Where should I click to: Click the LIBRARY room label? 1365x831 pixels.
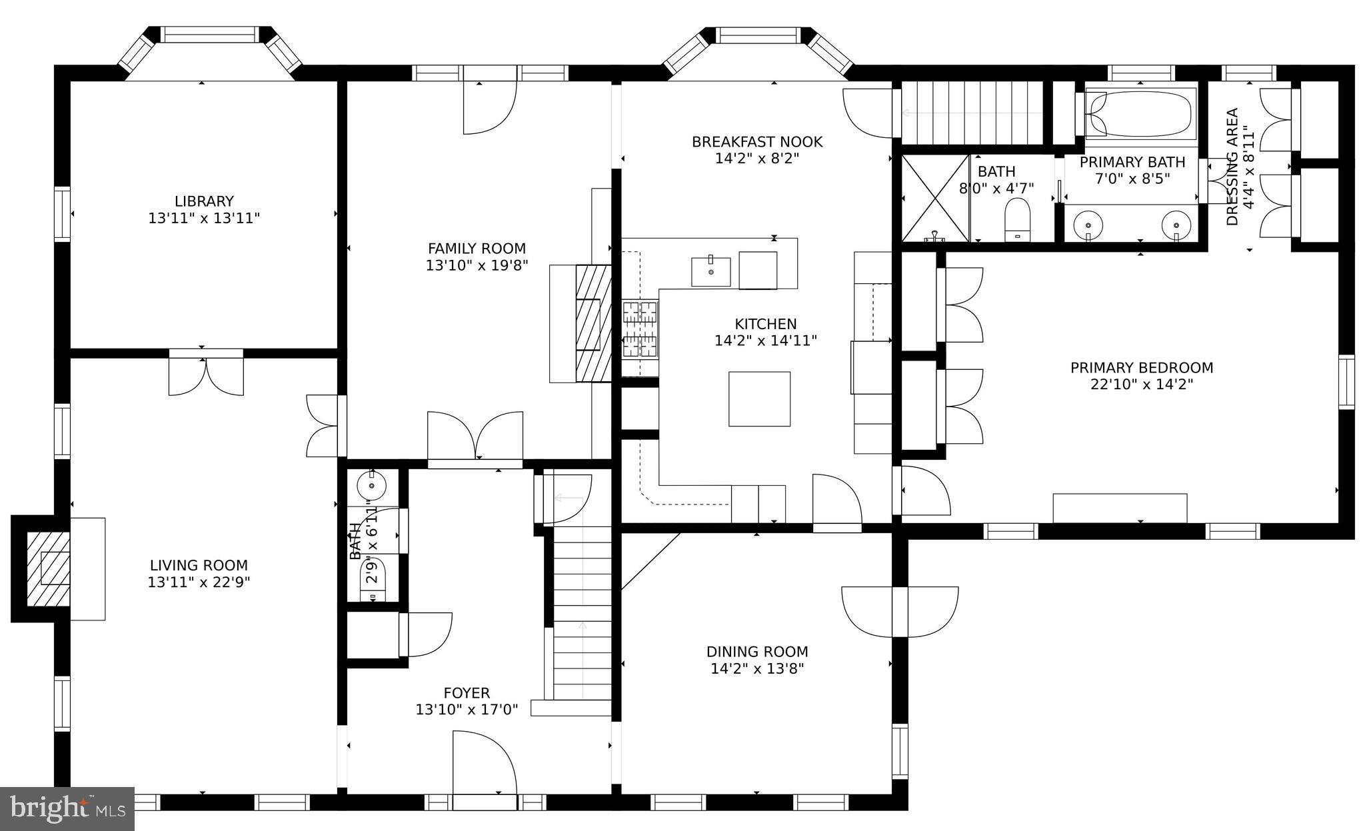point(204,201)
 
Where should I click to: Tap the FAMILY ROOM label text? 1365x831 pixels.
point(477,249)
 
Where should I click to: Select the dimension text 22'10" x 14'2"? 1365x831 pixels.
point(1141,385)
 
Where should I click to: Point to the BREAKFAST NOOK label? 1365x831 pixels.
point(756,142)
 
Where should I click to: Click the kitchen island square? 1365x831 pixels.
point(759,399)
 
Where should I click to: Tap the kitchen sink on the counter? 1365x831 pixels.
point(710,272)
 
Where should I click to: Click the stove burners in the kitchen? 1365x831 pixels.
point(641,329)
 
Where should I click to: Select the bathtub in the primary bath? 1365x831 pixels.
point(1140,115)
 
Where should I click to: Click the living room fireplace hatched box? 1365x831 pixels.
point(47,568)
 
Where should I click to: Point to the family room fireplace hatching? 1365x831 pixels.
point(593,323)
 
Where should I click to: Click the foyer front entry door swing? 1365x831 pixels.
point(485,762)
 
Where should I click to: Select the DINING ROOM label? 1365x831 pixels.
point(757,652)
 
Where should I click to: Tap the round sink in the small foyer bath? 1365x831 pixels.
point(371,484)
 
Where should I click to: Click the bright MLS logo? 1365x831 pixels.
point(67,808)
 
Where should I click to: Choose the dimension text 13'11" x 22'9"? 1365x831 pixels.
point(199,582)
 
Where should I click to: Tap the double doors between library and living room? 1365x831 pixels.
point(206,377)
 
